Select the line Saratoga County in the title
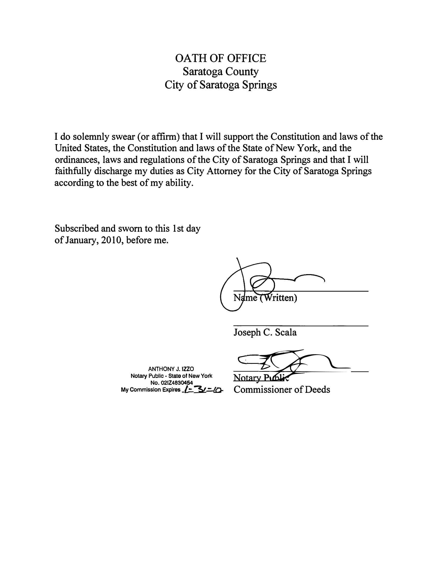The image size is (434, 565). [220, 72]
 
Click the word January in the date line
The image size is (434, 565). [81, 240]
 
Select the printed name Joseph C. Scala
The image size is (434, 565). [265, 332]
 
